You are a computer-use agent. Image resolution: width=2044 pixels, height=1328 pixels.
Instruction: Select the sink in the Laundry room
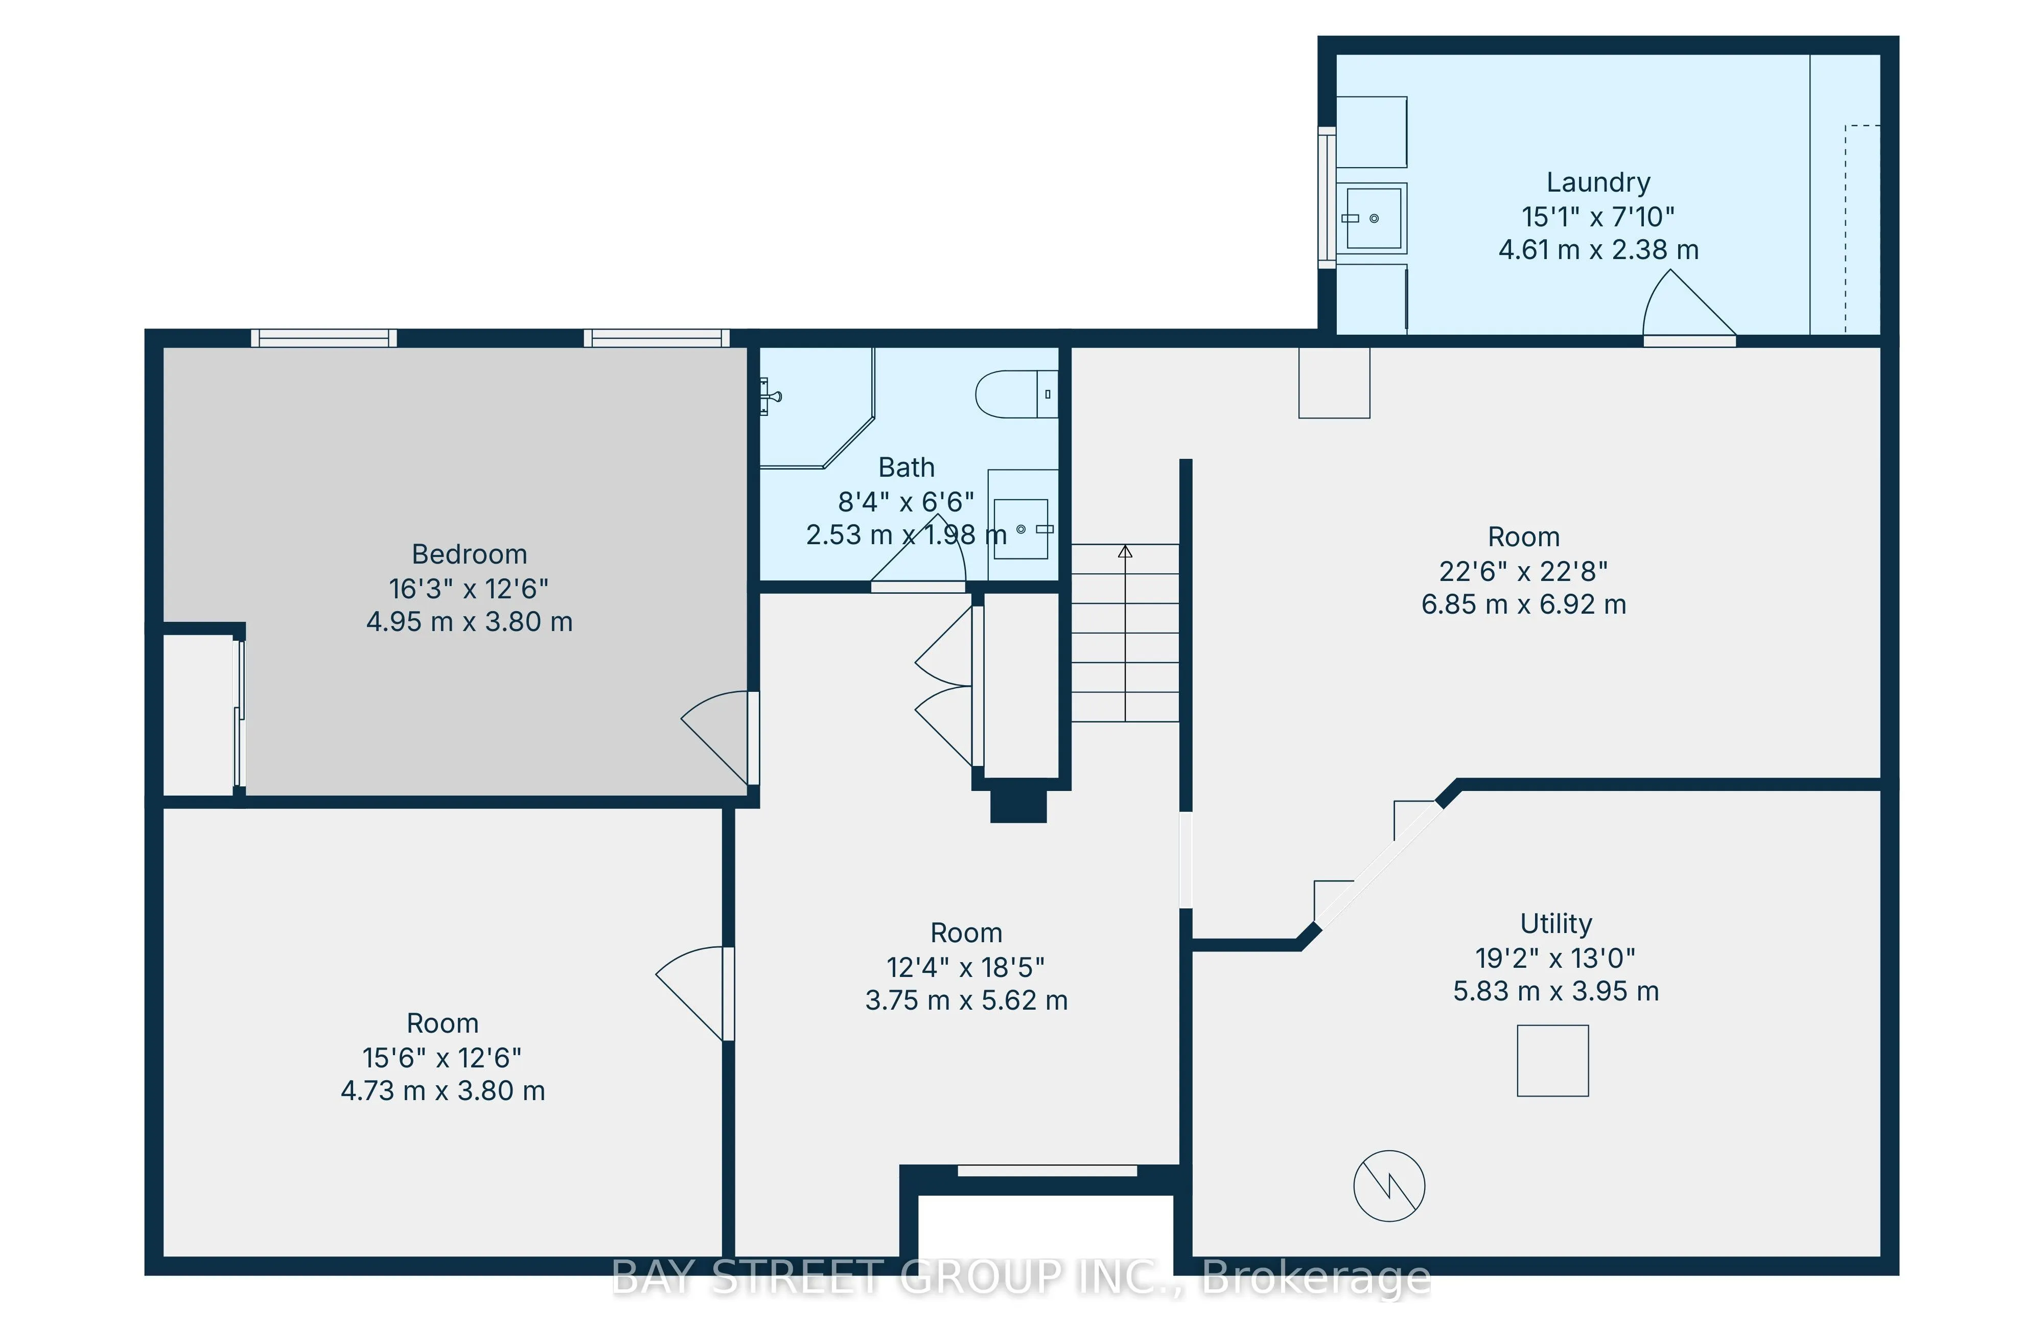tap(1373, 218)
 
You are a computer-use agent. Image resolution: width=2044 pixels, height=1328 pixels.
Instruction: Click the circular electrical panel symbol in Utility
tap(1389, 1185)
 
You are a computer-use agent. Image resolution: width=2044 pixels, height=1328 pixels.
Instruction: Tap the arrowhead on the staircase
tap(1125, 551)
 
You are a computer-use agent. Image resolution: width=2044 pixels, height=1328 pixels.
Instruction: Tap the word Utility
tap(1555, 923)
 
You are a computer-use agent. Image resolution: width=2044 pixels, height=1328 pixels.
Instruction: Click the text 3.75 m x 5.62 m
tap(966, 1000)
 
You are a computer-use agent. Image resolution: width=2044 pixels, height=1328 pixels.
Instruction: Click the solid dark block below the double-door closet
tap(1018, 806)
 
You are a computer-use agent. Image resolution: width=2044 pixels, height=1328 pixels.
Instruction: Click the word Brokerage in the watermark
tap(1316, 1278)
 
